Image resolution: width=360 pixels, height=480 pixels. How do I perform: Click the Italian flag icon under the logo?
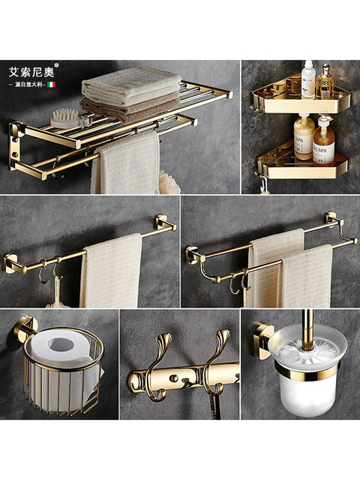[x=52, y=85]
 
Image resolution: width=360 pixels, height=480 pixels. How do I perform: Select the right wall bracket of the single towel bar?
[x=164, y=223]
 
